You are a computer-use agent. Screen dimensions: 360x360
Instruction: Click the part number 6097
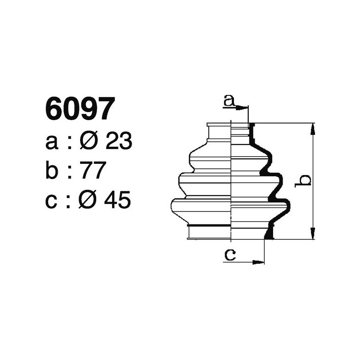pos(77,109)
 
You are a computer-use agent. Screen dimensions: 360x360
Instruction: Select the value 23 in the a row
pos(118,142)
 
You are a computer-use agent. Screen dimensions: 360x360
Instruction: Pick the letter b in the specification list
pos(52,171)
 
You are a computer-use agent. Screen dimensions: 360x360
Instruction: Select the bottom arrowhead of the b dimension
pos(313,234)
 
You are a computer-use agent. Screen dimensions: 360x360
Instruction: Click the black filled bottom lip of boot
pos(269,233)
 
